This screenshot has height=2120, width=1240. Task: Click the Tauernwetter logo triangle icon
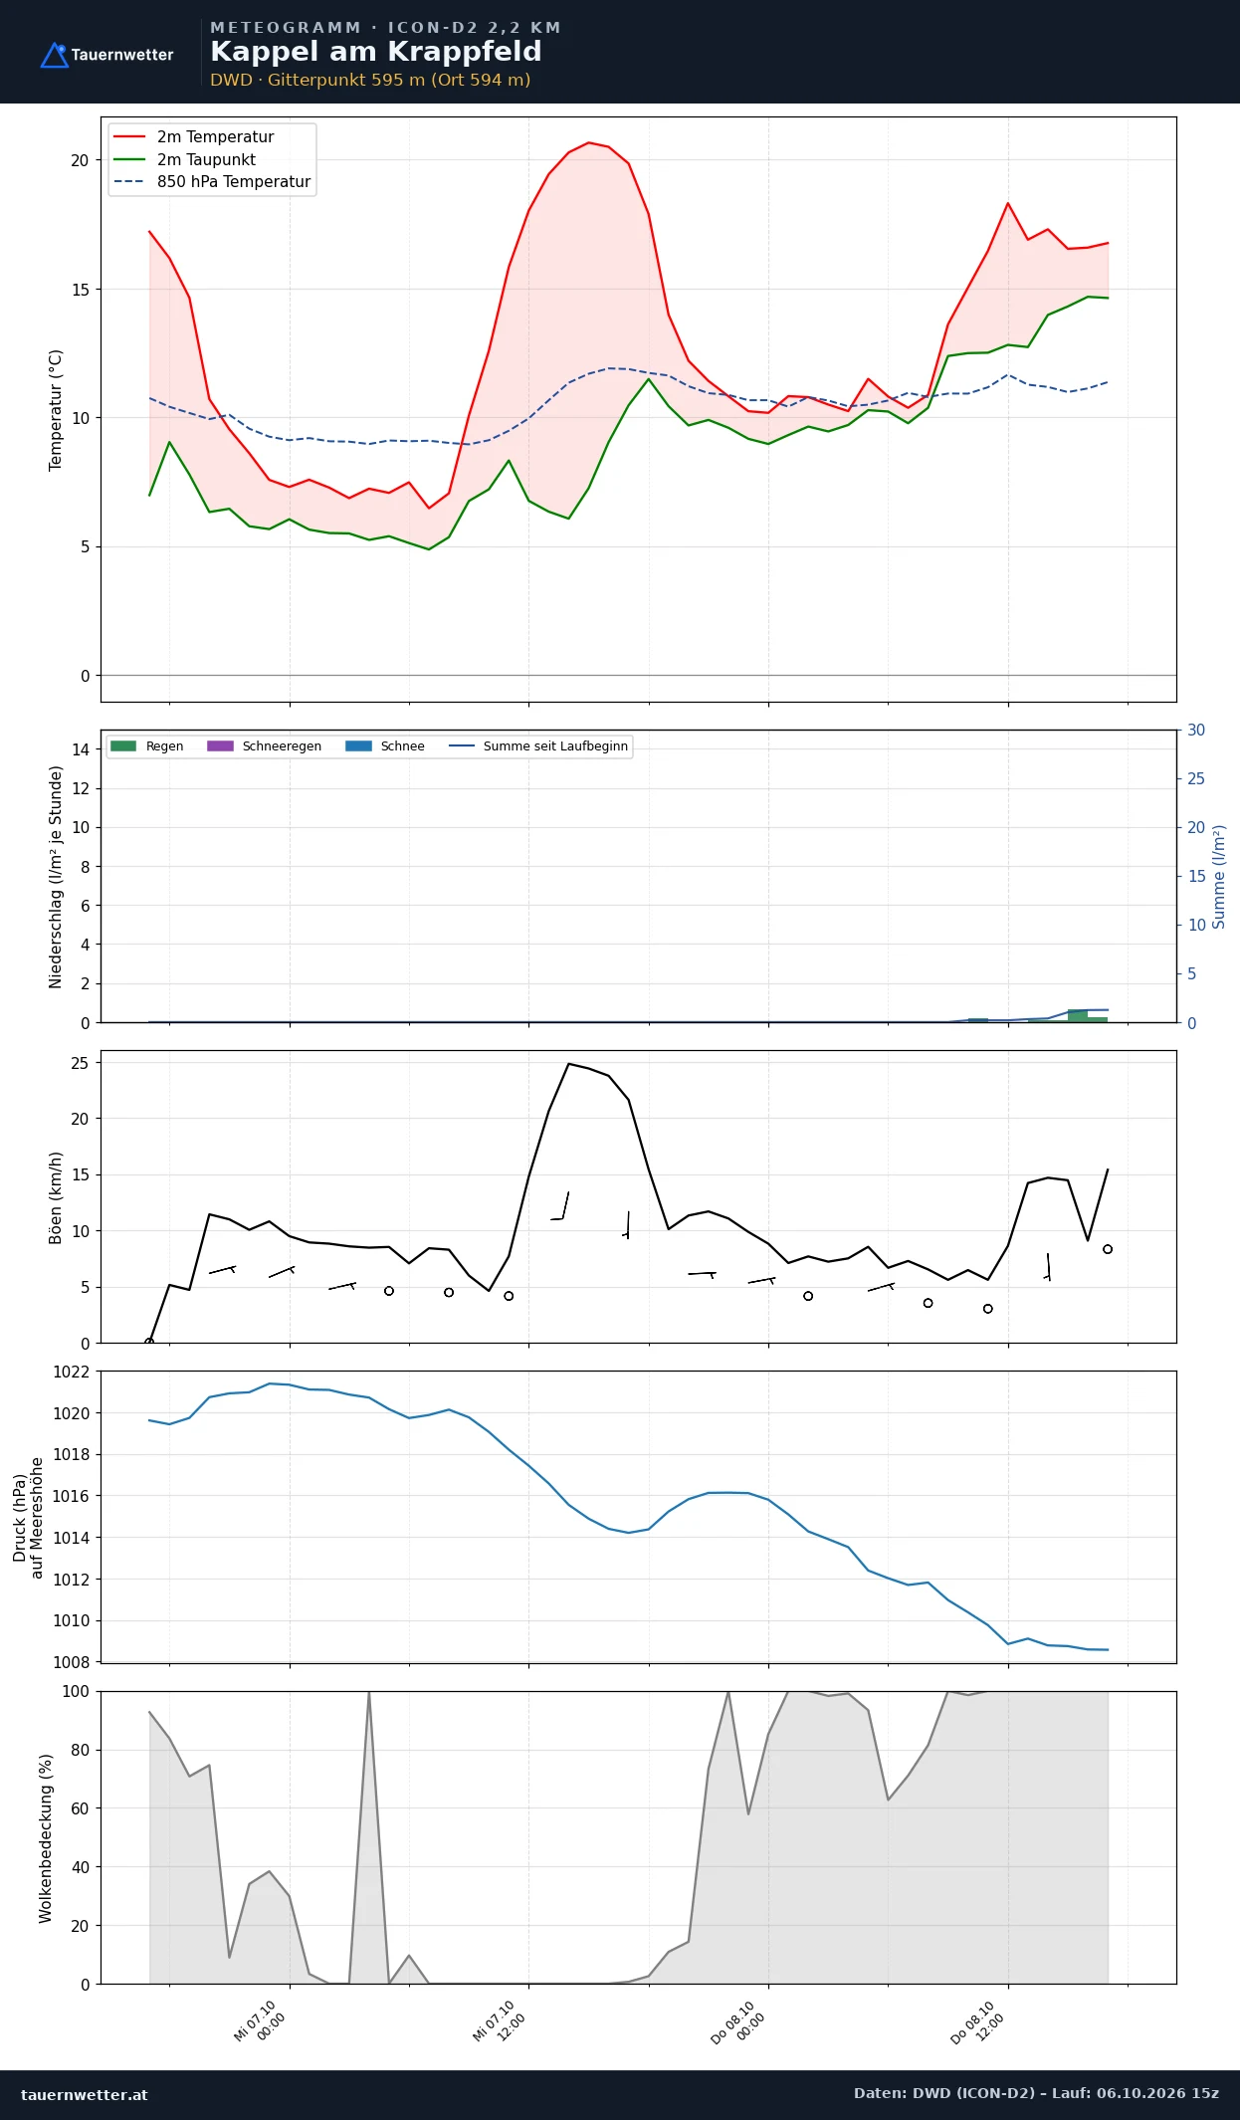click(54, 55)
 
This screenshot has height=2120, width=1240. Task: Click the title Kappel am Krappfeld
click(376, 52)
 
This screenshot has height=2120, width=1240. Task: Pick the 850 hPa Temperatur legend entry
click(212, 182)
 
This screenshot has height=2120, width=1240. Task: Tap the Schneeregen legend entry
click(264, 746)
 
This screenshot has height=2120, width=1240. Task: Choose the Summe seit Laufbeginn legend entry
click(538, 746)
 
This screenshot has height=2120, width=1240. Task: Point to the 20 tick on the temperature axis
click(80, 160)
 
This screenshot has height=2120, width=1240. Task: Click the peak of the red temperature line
click(588, 142)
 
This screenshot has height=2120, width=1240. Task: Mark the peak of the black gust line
click(568, 1064)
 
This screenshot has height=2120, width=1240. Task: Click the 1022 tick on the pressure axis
click(71, 1372)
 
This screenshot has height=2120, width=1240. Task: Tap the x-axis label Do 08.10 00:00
click(738, 2021)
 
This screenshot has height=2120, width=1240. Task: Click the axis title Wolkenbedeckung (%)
click(46, 1838)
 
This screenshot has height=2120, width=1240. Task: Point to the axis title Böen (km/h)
click(56, 1198)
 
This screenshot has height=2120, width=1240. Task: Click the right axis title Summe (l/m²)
click(1219, 877)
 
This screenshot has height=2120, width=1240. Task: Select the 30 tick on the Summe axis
click(1196, 731)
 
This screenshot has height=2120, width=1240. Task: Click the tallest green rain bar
click(1078, 1015)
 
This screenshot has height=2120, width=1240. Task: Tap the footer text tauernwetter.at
click(85, 2094)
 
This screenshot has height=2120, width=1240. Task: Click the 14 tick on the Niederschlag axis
click(80, 749)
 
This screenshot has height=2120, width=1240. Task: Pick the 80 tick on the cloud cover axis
click(80, 1750)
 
